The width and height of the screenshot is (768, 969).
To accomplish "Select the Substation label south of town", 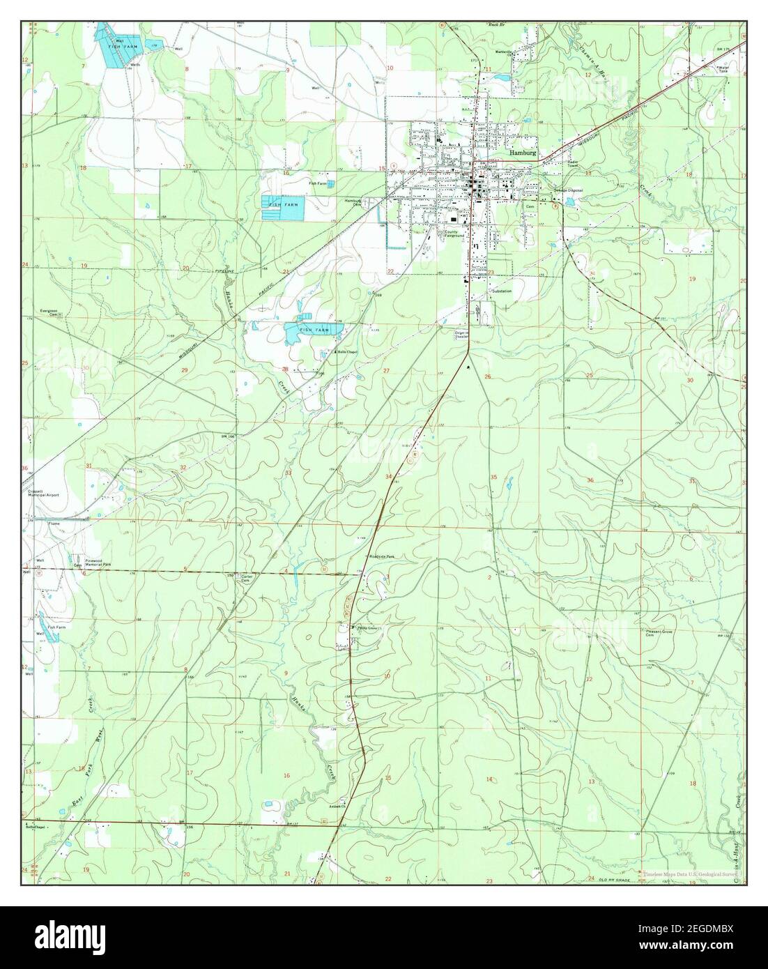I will [501, 291].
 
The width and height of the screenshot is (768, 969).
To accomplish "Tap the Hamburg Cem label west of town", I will [353, 203].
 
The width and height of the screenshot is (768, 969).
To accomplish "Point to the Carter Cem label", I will [246, 578].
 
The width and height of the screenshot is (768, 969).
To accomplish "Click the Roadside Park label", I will [382, 557].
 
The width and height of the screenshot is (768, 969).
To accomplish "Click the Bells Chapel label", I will [346, 352].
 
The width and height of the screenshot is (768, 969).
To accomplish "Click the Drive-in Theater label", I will [463, 335].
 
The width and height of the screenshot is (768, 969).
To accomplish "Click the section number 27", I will [386, 371].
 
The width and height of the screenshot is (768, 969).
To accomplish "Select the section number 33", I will [288, 473].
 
